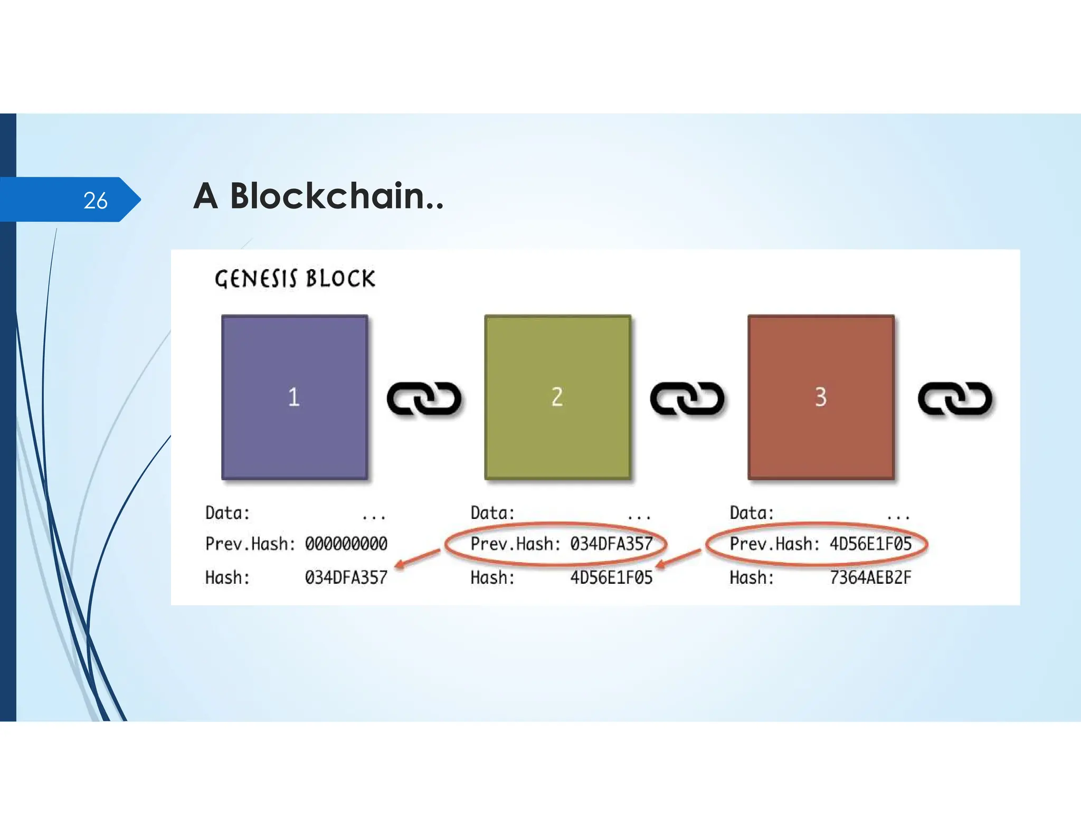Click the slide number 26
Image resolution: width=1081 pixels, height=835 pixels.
pyautogui.click(x=96, y=201)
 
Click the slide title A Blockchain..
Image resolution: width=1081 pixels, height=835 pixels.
pyautogui.click(x=318, y=196)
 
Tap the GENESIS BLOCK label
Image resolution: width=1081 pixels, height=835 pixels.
pyautogui.click(x=295, y=279)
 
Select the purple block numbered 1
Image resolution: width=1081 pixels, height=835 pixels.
pyautogui.click(x=294, y=397)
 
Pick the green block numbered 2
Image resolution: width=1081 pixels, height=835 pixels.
pyautogui.click(x=557, y=397)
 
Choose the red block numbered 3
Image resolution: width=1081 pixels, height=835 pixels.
pyautogui.click(x=821, y=397)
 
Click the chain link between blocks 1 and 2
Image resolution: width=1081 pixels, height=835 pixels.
pyautogui.click(x=424, y=398)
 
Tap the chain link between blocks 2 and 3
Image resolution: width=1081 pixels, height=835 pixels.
pyautogui.click(x=687, y=398)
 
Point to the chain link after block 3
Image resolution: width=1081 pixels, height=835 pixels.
pyautogui.click(x=955, y=398)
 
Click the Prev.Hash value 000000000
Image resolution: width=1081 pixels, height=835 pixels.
pyautogui.click(x=346, y=544)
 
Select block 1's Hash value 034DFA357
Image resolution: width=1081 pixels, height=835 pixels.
pyautogui.click(x=346, y=577)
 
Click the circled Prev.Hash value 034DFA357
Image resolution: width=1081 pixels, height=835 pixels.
pyautogui.click(x=611, y=544)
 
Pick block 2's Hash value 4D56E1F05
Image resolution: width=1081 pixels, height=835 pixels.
pyautogui.click(x=611, y=577)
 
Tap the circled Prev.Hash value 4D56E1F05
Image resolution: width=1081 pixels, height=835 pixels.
pyautogui.click(x=870, y=544)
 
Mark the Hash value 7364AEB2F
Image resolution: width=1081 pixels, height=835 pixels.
pyautogui.click(x=870, y=577)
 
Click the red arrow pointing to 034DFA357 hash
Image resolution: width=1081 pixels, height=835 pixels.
pyautogui.click(x=418, y=558)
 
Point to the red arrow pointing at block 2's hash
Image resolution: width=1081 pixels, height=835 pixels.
pyautogui.click(x=679, y=558)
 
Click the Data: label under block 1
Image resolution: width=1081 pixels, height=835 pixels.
pyautogui.click(x=227, y=513)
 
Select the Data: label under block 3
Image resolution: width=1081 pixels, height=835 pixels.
pyautogui.click(x=752, y=513)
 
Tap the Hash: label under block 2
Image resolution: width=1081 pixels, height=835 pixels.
pyautogui.click(x=492, y=577)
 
